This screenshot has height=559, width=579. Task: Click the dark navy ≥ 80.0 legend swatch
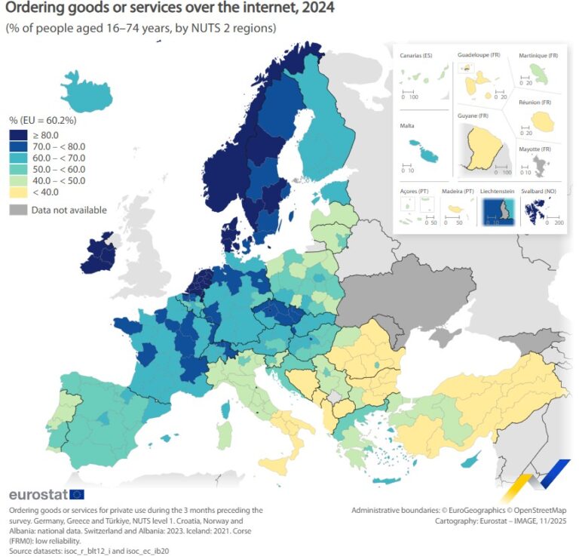(18, 135)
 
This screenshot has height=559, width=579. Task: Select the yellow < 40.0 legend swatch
(18, 192)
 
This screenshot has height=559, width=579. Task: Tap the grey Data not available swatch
(18, 210)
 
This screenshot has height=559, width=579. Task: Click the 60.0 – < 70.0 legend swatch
(18, 158)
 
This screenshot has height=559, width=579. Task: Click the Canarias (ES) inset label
(416, 56)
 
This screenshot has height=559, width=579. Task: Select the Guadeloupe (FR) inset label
(479, 55)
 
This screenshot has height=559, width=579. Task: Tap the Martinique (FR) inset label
(538, 56)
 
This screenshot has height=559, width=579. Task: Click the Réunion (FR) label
(535, 102)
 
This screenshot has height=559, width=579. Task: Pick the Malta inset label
(406, 127)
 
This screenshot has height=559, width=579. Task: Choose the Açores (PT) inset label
(415, 192)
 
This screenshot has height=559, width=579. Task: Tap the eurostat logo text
(37, 495)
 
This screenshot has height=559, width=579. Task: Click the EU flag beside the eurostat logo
(76, 495)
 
